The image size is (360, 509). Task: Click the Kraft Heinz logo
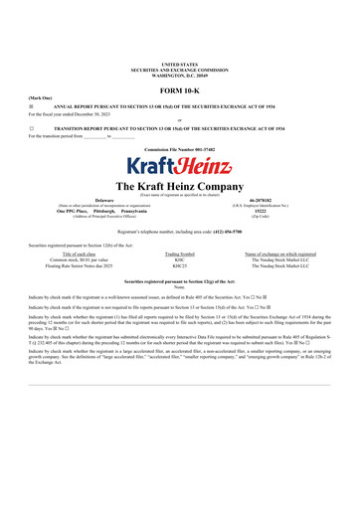coord(180,168)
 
